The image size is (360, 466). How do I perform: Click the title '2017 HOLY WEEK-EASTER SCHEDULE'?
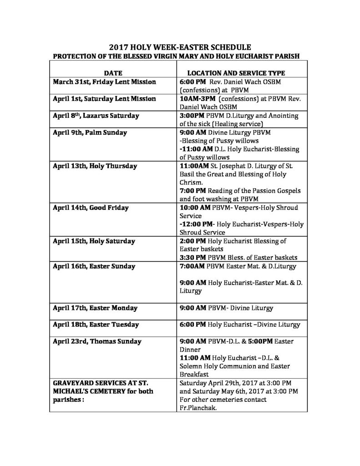click(x=180, y=47)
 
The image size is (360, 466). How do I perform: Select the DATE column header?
click(x=112, y=72)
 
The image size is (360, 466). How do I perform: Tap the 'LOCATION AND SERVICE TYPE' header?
click(x=236, y=72)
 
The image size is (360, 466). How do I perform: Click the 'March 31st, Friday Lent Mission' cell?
click(x=104, y=82)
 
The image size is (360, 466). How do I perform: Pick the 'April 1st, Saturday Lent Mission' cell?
click(x=104, y=99)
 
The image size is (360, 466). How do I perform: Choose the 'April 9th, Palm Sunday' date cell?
click(x=90, y=132)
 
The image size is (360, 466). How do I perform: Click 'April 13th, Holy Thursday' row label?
click(x=95, y=166)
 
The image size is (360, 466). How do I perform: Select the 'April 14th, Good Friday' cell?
click(x=91, y=208)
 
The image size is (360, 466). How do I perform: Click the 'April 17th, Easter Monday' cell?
click(x=95, y=308)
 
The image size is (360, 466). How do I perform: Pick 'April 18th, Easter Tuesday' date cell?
click(x=96, y=325)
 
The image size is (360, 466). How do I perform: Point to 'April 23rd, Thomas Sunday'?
click(x=97, y=341)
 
